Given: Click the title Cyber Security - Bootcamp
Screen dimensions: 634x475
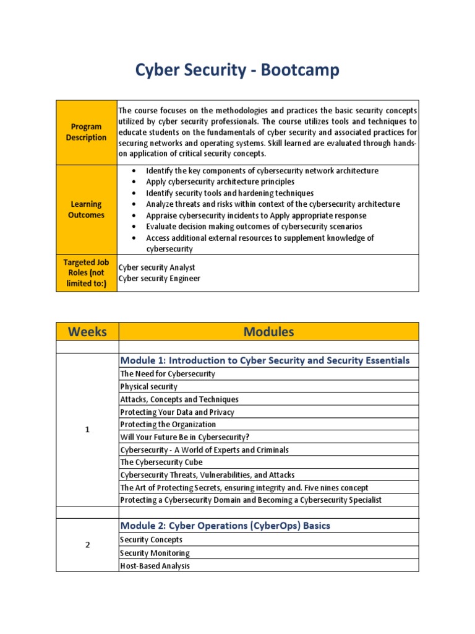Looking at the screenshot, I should [x=237, y=71].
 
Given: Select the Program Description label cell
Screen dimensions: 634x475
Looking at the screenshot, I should [x=87, y=132].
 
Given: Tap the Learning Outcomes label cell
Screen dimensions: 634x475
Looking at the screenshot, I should [x=87, y=209].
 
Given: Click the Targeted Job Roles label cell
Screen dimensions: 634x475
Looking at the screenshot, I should [x=87, y=272].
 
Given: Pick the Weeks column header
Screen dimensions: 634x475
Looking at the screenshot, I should [x=87, y=331].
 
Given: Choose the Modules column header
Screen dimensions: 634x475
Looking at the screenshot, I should [x=268, y=331].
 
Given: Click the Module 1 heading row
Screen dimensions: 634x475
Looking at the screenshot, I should [x=265, y=360].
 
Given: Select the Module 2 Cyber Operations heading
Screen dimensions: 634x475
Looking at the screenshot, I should [x=225, y=526].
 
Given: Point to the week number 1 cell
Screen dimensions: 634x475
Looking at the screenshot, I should [x=87, y=430].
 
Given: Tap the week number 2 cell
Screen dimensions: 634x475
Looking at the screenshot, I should [x=87, y=545].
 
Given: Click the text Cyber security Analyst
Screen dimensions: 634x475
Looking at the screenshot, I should [x=157, y=267].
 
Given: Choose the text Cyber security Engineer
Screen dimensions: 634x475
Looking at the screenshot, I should [x=160, y=279].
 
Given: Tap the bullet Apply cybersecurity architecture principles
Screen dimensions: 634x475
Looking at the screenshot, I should [x=220, y=182].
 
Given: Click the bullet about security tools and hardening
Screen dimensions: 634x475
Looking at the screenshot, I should [x=229, y=193].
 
